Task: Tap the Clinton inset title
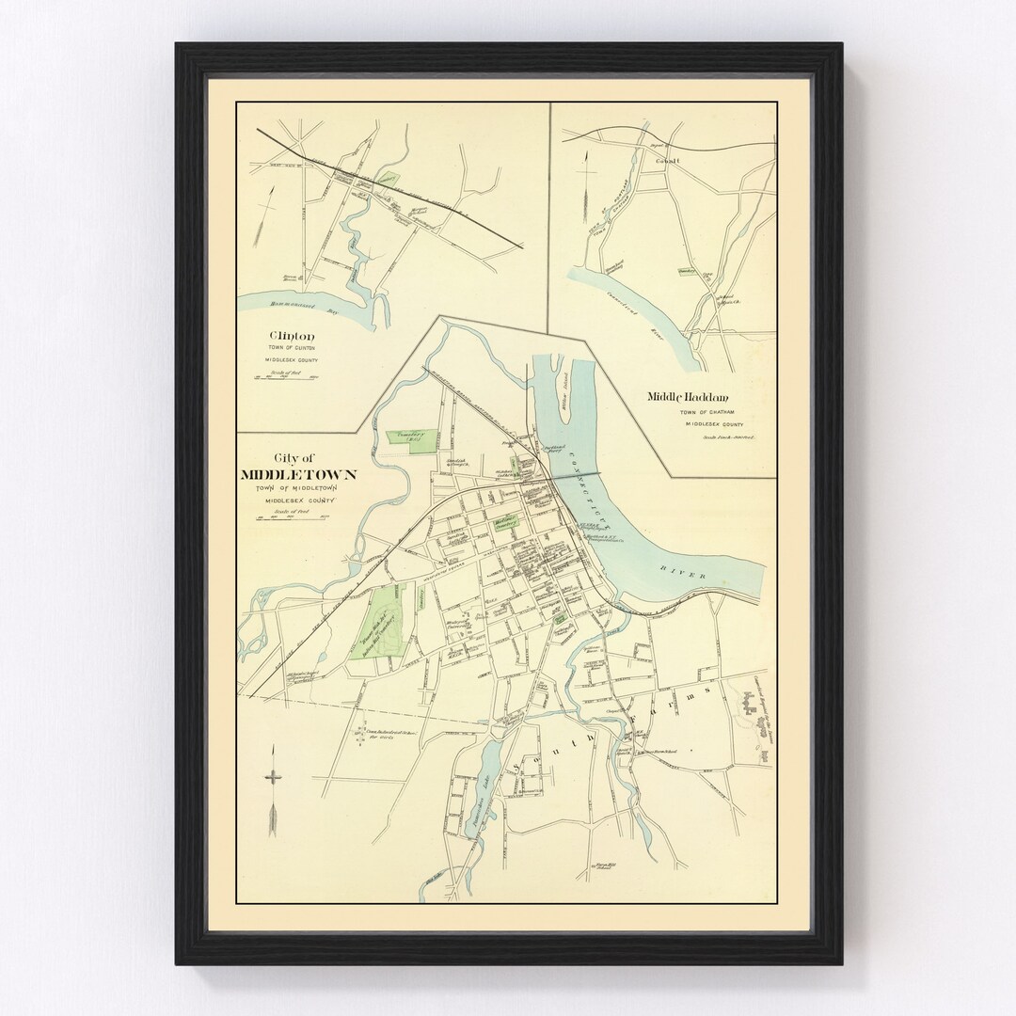292,336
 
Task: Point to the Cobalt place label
655,161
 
